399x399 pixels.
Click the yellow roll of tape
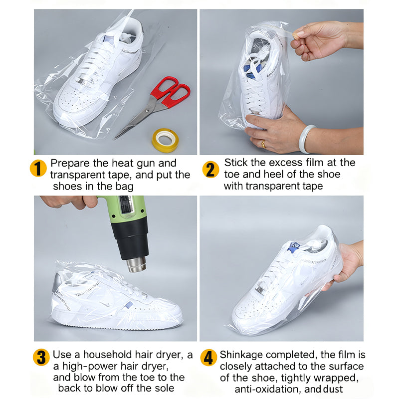(165, 140)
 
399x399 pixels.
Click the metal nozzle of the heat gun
(136, 264)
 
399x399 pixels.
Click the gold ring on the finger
(263, 144)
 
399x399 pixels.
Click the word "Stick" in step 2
(235, 163)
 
